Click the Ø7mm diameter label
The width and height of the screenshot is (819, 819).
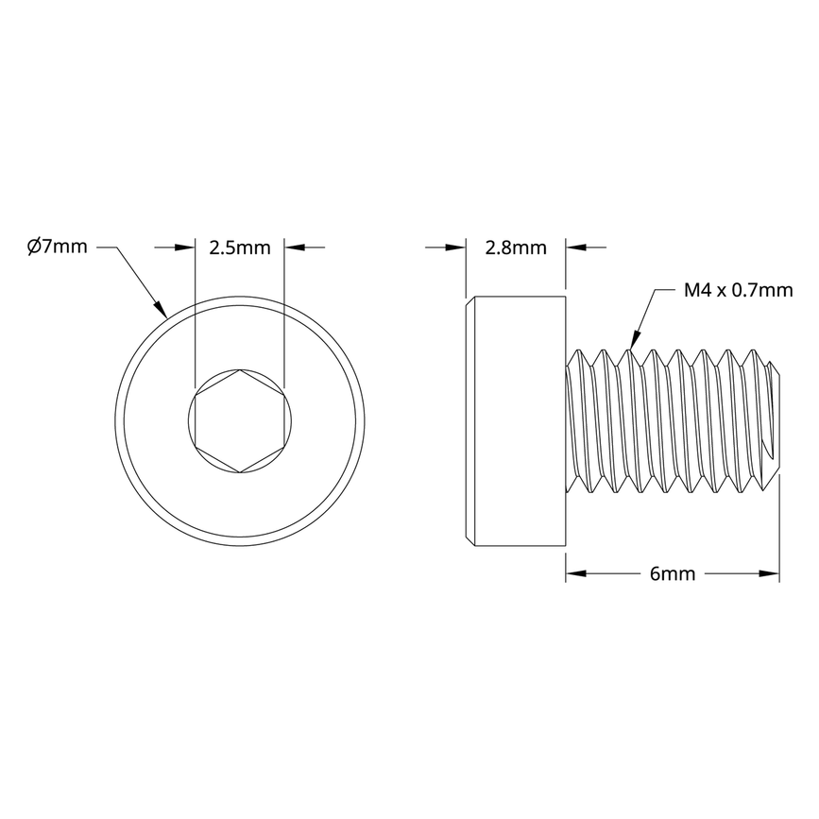57,247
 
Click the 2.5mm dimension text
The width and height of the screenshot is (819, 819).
240,248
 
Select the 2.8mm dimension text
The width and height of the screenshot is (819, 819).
516,248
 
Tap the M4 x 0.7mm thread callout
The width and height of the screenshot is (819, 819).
738,290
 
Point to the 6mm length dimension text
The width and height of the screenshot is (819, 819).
673,573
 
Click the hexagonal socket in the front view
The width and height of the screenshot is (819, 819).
240,420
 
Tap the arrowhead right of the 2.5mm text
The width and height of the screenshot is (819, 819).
294,247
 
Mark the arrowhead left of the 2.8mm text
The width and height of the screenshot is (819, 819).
457,248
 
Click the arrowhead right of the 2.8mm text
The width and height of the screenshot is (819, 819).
574,248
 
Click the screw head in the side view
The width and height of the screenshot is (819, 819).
516,420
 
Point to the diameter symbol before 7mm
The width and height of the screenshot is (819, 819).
33,247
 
